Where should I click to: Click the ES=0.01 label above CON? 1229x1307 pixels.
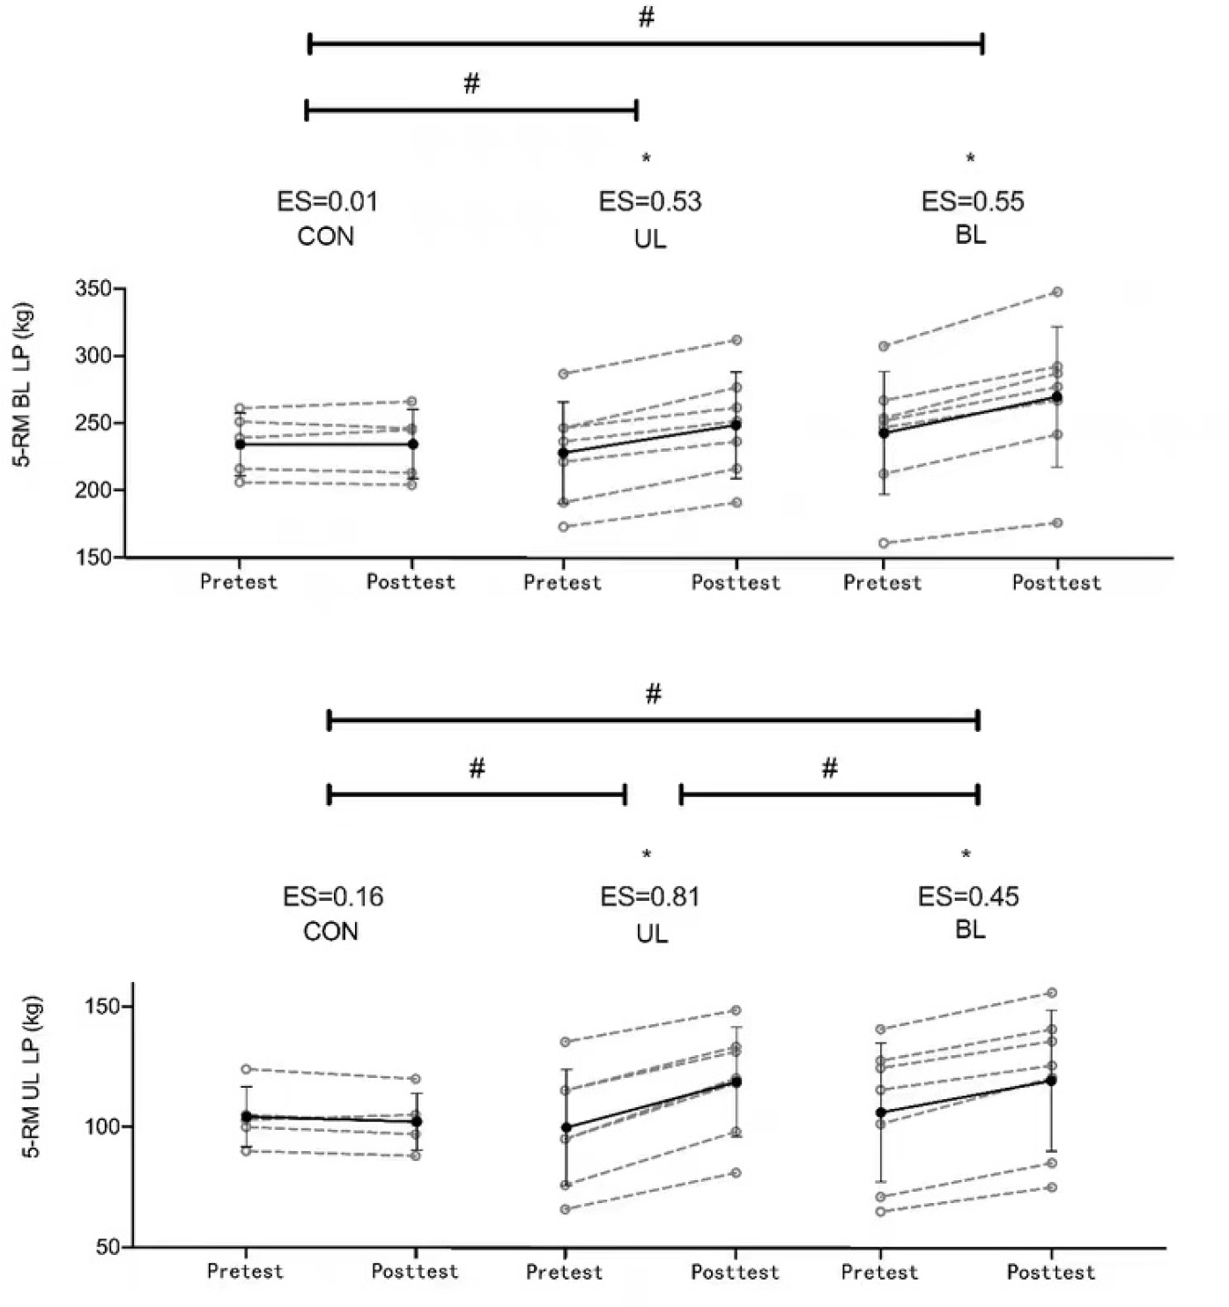(327, 202)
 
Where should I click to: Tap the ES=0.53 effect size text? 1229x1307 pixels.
(650, 202)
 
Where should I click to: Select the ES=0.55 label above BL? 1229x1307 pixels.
(973, 202)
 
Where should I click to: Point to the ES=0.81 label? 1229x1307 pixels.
(650, 897)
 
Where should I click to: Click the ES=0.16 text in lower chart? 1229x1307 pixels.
(333, 897)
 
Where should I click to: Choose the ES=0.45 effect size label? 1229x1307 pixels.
(968, 897)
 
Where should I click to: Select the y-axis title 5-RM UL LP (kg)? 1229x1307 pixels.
(33, 1076)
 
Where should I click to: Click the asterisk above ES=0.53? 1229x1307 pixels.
(647, 159)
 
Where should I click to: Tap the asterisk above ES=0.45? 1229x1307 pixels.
(966, 854)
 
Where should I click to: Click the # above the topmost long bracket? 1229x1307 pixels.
(647, 18)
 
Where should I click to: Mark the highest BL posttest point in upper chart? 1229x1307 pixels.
(1057, 292)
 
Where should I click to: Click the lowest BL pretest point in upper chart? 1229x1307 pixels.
(884, 543)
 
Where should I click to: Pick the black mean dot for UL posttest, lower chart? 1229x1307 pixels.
(736, 1082)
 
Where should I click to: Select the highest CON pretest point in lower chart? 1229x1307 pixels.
(247, 1069)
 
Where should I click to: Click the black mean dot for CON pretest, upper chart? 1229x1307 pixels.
(241, 444)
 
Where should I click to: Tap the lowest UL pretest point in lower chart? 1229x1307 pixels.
(565, 1209)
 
